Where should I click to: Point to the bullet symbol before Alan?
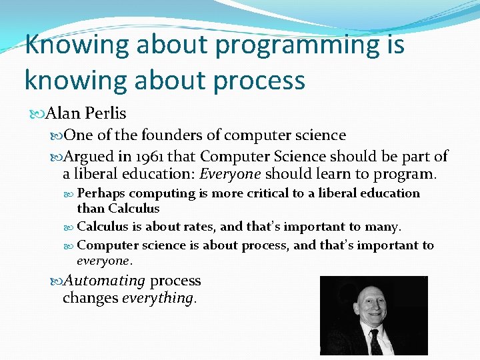click(x=36, y=114)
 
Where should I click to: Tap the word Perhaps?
click(x=101, y=193)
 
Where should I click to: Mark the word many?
click(x=385, y=227)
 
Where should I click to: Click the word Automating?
click(x=104, y=281)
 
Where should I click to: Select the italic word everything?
click(x=158, y=298)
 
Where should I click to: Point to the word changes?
click(x=90, y=298)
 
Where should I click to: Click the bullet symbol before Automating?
click(x=56, y=281)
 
